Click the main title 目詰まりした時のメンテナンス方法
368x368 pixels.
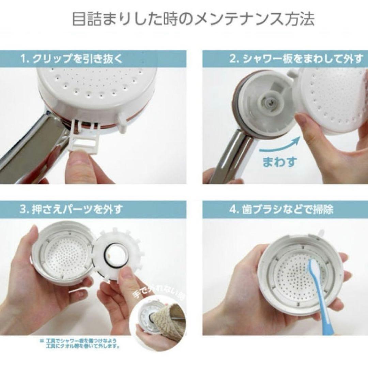(193, 19)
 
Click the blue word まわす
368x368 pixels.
(279, 161)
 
